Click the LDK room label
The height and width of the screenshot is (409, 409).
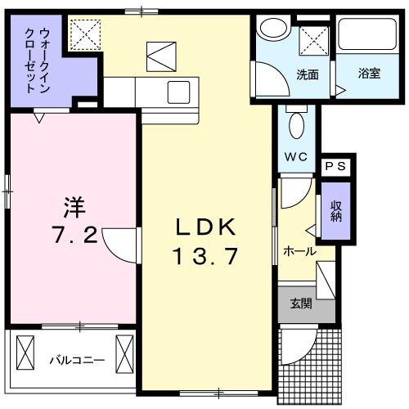[x=204, y=227]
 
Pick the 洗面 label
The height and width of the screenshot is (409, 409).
[x=308, y=74]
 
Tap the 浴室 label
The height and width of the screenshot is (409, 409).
[x=368, y=74]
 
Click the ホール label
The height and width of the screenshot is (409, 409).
[x=299, y=252]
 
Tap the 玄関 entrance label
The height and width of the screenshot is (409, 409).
[x=300, y=303]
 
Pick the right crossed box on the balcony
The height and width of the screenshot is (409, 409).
[x=124, y=352]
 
